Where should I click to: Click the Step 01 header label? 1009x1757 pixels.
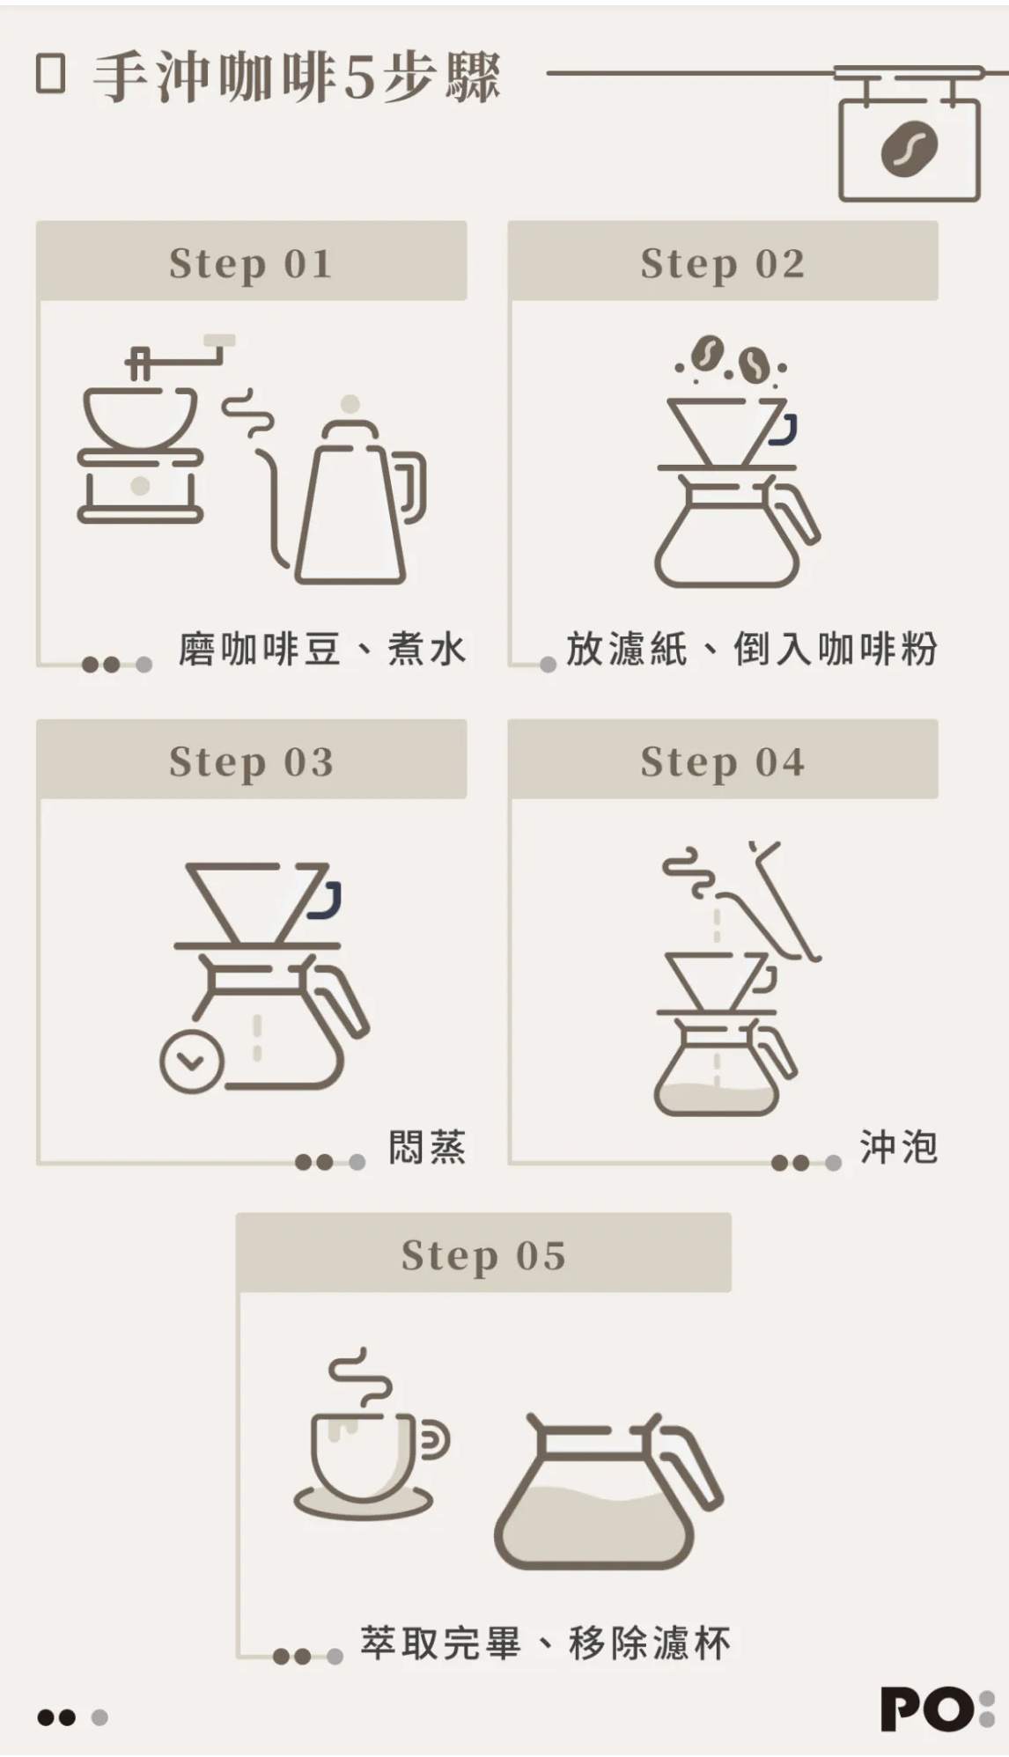point(251,263)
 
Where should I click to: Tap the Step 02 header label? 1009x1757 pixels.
point(722,263)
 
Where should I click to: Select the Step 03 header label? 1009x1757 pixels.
point(251,761)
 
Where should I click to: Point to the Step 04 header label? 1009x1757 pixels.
point(722,761)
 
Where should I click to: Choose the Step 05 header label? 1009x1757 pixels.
point(483,1255)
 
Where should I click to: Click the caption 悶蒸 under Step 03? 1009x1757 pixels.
point(427,1148)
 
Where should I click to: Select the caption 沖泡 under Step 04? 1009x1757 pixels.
point(898,1148)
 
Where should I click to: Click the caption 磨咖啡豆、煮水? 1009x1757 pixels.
point(321,650)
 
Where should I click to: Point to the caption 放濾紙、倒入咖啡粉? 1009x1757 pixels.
point(751,650)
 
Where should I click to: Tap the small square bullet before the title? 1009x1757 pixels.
point(51,75)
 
